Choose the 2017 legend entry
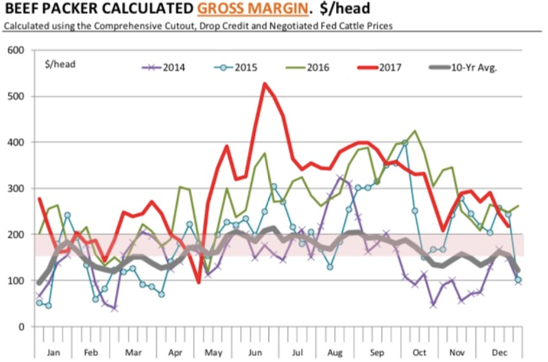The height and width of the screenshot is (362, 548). click(x=388, y=67)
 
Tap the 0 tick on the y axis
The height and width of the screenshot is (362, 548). click(x=29, y=327)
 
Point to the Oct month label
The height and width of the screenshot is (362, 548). click(x=419, y=353)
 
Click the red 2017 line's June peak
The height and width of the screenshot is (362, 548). click(x=264, y=83)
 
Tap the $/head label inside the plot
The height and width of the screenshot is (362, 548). click(x=60, y=64)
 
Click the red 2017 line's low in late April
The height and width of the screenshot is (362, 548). click(x=199, y=282)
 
